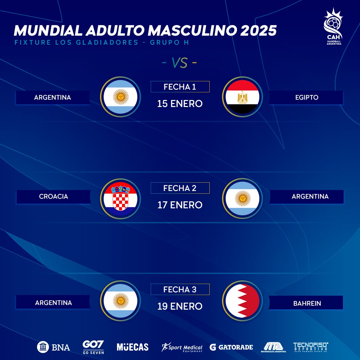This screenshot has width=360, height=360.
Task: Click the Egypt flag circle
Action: [x=242, y=97]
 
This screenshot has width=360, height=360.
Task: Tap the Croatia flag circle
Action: [x=120, y=199]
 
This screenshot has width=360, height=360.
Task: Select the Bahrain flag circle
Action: [x=242, y=300]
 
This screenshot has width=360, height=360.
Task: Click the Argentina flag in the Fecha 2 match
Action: [x=242, y=199]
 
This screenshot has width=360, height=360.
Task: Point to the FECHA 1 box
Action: [x=180, y=87]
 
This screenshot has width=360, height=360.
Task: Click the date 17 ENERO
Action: [x=180, y=205]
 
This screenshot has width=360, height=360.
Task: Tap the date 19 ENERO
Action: [x=180, y=306]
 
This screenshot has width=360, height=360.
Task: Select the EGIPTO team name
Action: [x=307, y=98]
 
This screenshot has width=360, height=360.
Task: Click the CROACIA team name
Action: [x=54, y=196]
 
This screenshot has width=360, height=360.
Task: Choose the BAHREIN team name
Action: [x=307, y=303]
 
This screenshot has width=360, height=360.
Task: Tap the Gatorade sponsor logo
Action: [x=231, y=347]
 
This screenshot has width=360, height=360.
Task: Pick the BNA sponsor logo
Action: [x=54, y=347]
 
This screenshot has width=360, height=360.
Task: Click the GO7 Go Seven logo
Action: [x=93, y=347]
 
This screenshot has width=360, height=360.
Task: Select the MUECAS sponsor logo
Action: [x=133, y=347]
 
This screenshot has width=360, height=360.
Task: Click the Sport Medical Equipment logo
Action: [x=182, y=347]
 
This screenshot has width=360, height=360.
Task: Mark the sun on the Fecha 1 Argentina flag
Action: [x=120, y=97]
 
